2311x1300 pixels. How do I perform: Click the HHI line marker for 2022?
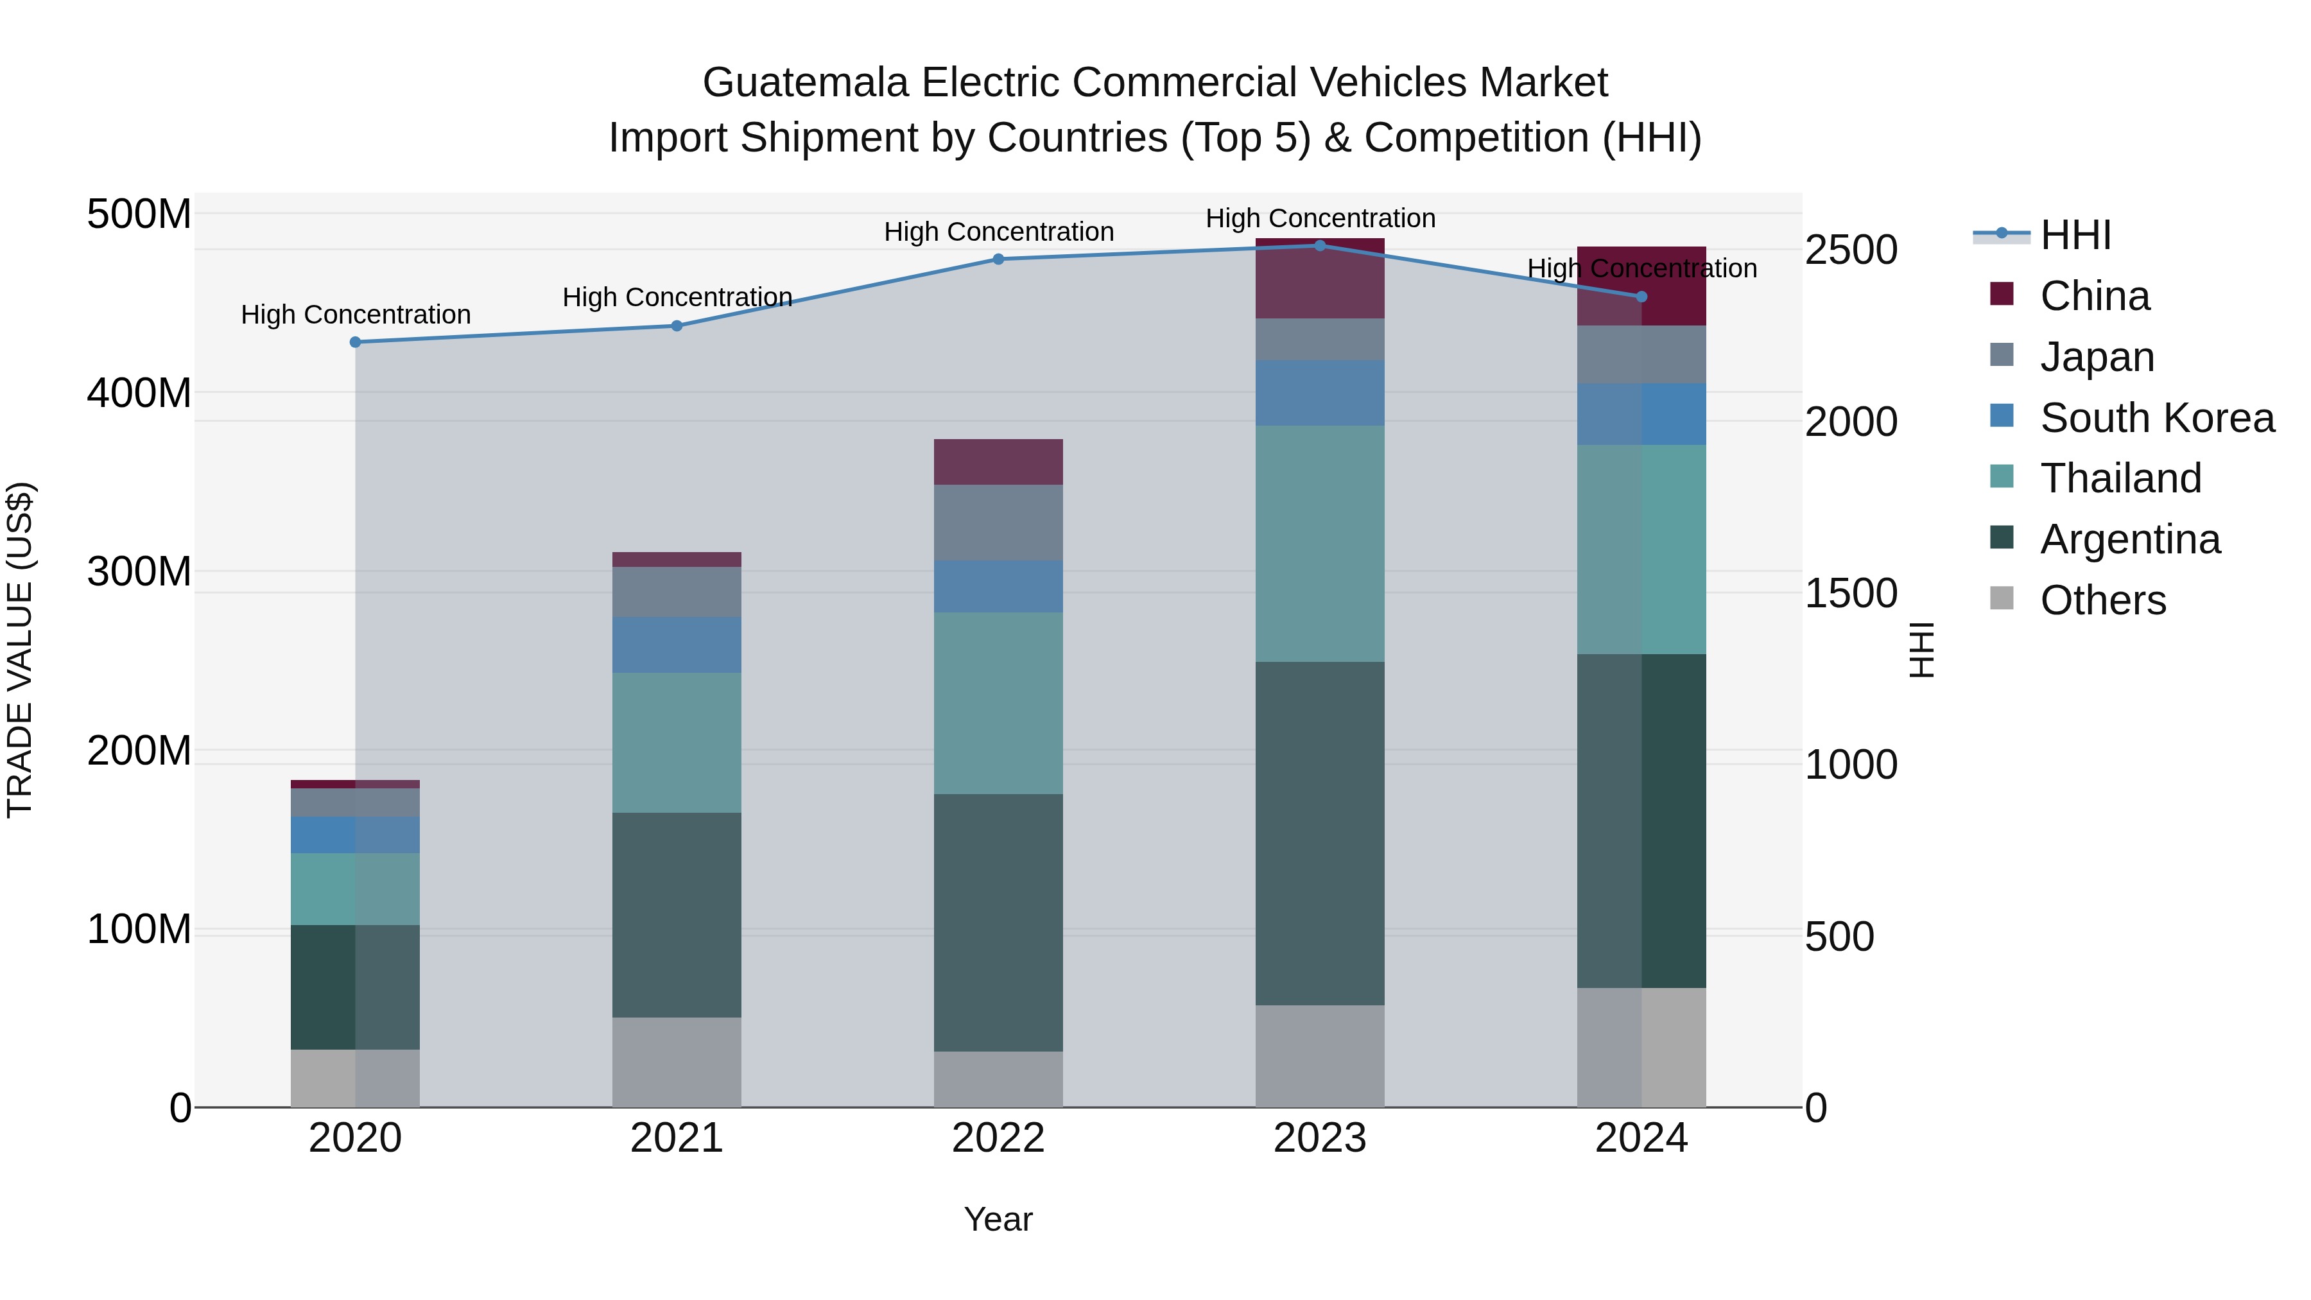click(998, 259)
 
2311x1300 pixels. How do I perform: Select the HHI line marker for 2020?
click(355, 342)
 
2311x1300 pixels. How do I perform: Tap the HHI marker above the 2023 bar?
click(1320, 246)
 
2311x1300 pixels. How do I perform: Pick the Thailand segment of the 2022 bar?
click(998, 704)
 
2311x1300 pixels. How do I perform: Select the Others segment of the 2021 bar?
click(677, 1062)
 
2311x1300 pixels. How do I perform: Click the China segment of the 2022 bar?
click(998, 462)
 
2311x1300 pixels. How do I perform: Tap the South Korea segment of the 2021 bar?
click(677, 645)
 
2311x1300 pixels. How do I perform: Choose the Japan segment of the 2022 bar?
click(998, 523)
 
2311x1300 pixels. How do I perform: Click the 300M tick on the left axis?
click(139, 571)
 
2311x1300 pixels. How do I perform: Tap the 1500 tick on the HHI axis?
click(1851, 593)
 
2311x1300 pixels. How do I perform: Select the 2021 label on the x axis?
click(677, 1138)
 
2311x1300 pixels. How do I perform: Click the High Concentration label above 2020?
click(355, 315)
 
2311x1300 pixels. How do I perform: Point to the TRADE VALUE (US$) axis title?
click(20, 650)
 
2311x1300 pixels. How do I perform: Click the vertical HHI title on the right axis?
click(1921, 650)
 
